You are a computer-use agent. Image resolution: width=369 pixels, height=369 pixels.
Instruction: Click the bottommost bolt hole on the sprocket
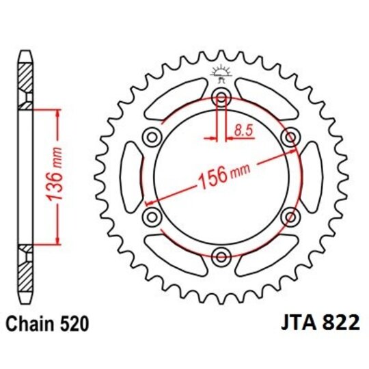pyautogui.click(x=221, y=257)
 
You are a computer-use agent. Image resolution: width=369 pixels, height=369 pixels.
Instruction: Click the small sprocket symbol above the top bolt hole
pyautogui.click(x=221, y=72)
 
